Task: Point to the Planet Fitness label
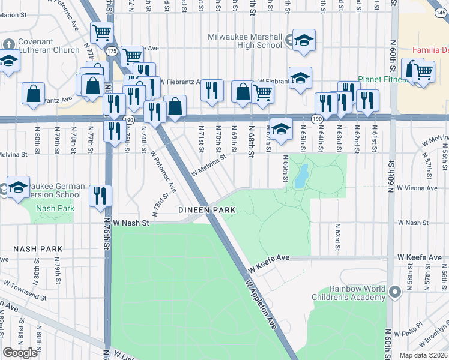pyautogui.click(x=382, y=79)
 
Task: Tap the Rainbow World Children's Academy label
pyautogui.click(x=349, y=293)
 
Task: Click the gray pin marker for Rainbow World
pyautogui.click(x=394, y=292)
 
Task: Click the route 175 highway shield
pyautogui.click(x=111, y=52)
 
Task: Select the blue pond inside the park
pyautogui.click(x=300, y=175)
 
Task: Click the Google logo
pyautogui.click(x=20, y=353)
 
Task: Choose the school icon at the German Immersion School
pyautogui.click(x=18, y=188)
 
